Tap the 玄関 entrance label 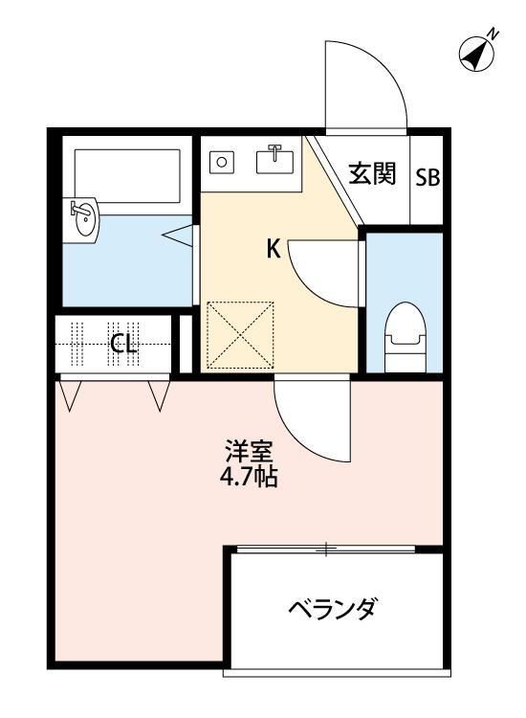click(x=372, y=174)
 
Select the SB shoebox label click(x=427, y=178)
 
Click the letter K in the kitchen click(x=273, y=250)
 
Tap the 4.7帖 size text click(x=250, y=477)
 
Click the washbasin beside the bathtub click(x=83, y=219)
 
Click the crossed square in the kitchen click(x=241, y=334)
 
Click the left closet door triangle click(x=70, y=393)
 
